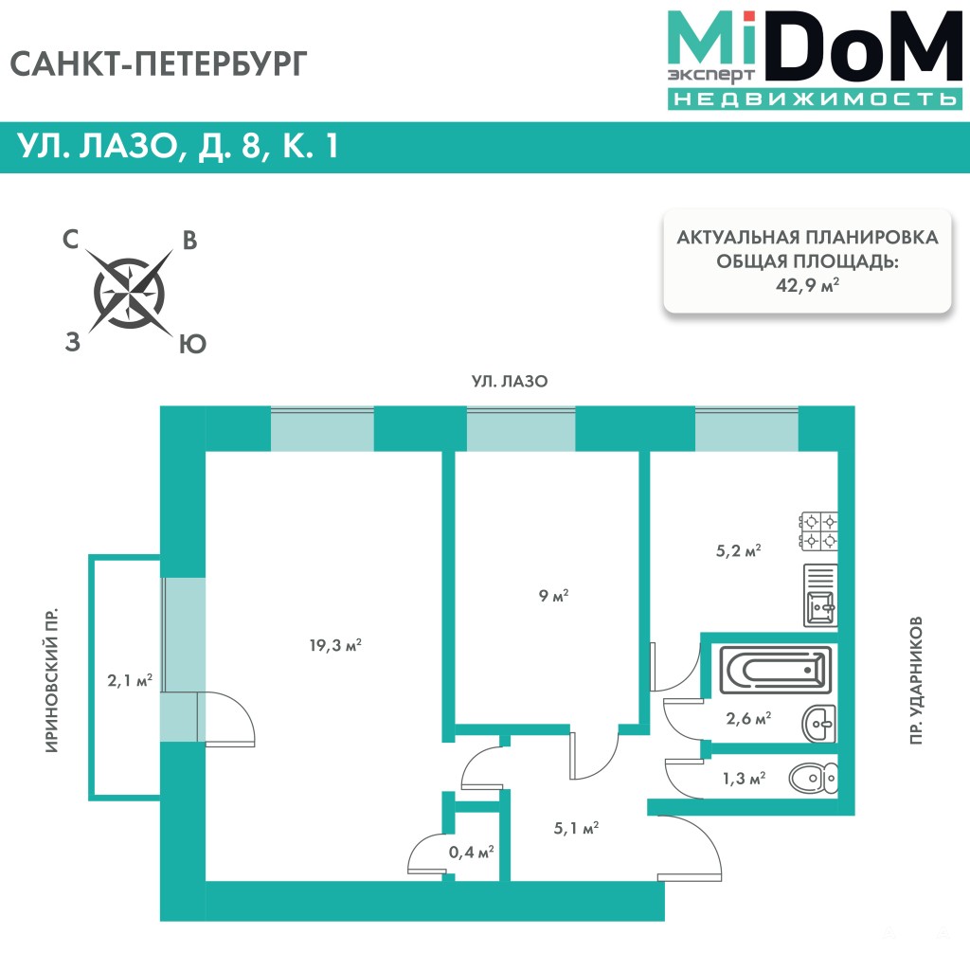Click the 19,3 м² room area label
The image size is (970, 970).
click(x=336, y=646)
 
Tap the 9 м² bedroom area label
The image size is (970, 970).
click(x=552, y=597)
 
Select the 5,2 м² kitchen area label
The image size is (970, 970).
click(x=740, y=548)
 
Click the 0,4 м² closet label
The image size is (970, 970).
click(x=471, y=853)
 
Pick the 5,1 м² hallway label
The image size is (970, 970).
click(x=576, y=829)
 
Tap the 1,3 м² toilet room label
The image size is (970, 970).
click(x=744, y=779)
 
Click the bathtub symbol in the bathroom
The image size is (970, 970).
click(x=775, y=671)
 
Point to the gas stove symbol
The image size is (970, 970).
click(x=819, y=530)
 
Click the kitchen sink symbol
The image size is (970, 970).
click(x=820, y=596)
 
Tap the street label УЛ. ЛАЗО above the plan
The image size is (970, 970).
click(x=510, y=382)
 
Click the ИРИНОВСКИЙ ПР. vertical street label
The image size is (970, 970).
click(x=53, y=681)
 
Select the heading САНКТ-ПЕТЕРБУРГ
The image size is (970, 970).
click(x=160, y=63)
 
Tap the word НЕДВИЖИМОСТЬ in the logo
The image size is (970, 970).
click(x=812, y=99)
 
